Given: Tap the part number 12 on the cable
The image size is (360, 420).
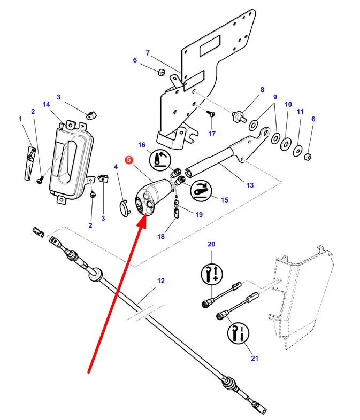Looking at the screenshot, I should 161,281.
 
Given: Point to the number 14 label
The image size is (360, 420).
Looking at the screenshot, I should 47,104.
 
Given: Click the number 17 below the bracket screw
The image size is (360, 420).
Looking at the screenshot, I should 212,133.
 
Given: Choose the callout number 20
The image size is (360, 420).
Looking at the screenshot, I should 211,244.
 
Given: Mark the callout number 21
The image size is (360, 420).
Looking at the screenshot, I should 254,358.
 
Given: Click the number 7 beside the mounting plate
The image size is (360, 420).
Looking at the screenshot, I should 147,53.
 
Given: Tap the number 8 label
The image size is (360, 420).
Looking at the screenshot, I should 262,90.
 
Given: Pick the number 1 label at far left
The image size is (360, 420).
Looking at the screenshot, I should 20,119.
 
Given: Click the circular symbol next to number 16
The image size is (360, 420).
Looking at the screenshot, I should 159,159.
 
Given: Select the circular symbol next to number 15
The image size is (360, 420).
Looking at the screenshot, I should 202,191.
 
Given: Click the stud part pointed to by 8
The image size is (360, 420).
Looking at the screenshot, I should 235,115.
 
